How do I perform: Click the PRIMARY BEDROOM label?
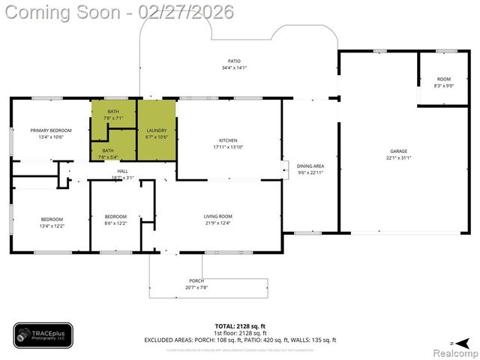pos(51,130)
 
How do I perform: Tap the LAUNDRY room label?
pos(156,130)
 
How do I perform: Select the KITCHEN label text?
pos(228,140)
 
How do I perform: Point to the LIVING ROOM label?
pos(218,217)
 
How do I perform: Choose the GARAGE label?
pos(398,151)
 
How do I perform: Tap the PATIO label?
pos(234,61)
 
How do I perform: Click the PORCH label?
pos(196,281)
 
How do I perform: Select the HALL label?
pos(123,171)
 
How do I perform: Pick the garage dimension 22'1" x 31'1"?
pos(398,157)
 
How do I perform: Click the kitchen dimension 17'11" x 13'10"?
pos(228,147)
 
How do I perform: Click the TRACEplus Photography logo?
pos(43,335)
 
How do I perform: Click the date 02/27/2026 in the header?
pos(191,13)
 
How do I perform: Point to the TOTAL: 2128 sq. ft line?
pos(240,326)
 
